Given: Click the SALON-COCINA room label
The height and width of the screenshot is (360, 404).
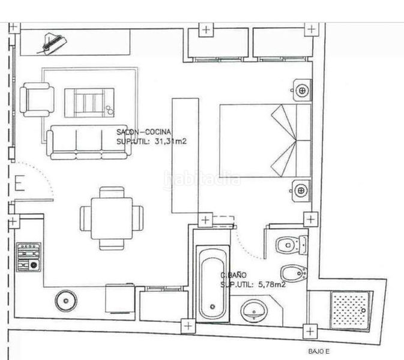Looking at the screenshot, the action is click(143, 132).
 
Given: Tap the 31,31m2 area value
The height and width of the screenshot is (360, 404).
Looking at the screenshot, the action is click(171, 142).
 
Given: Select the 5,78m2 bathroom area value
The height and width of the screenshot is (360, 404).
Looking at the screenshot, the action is click(272, 284).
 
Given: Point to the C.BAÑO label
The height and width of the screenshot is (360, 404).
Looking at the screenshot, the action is click(234, 275).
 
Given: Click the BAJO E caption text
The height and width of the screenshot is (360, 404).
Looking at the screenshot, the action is click(319, 351).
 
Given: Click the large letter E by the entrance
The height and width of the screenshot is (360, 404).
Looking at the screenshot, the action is click(20, 183).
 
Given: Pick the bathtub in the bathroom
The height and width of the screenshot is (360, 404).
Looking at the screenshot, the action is click(213, 284).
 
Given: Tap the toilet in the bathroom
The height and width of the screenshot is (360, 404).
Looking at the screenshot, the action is click(292, 245).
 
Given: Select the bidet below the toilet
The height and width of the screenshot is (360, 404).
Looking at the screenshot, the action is click(294, 273).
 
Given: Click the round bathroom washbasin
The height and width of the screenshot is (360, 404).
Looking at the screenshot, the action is click(254, 311).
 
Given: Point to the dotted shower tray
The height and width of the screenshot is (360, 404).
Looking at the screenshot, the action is click(351, 310).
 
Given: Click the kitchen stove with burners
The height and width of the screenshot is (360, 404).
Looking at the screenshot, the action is click(29, 257).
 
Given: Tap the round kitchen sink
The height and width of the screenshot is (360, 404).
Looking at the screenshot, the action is click(66, 301).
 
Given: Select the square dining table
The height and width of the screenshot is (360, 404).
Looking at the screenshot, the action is click(112, 218).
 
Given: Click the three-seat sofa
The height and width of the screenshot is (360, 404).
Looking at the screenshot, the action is click(87, 142).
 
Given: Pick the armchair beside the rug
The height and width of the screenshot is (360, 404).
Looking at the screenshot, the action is click(37, 100).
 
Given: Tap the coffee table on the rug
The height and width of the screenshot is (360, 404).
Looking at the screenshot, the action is click(89, 103).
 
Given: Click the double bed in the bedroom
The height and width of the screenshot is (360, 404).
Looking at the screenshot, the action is click(265, 140).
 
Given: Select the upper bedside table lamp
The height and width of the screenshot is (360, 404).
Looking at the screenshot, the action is click(302, 90).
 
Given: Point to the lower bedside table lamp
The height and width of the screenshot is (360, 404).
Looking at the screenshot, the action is click(301, 191).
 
